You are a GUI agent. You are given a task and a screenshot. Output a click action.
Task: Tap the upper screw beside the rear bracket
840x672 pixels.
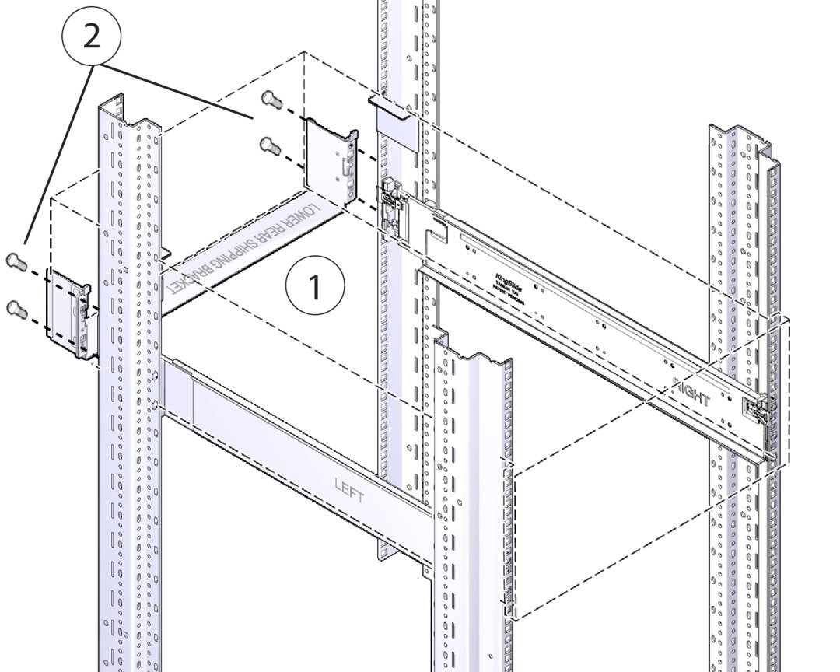(x=271, y=98)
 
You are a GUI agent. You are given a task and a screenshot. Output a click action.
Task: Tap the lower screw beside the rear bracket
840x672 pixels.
(x=268, y=144)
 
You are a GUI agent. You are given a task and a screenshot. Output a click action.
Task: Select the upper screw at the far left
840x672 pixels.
(x=15, y=261)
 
